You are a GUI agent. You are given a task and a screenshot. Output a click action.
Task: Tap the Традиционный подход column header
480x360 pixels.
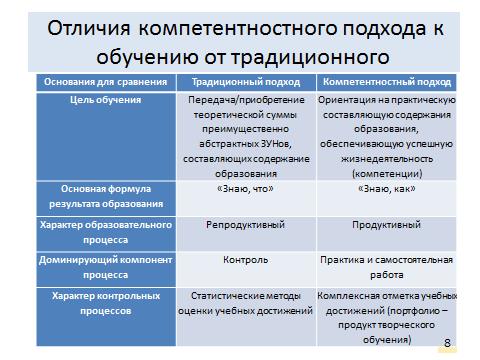(245, 81)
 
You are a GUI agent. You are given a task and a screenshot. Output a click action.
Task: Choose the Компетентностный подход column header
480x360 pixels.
(385, 81)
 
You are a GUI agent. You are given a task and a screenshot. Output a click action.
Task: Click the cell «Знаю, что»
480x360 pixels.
(245, 188)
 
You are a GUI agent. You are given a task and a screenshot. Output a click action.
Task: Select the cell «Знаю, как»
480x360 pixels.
(385, 188)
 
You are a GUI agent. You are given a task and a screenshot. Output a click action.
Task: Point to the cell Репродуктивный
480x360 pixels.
(245, 226)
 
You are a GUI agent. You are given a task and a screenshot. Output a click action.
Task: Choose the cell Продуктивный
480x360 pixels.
(385, 226)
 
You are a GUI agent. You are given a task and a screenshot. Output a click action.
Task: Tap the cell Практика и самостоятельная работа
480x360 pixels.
(385, 268)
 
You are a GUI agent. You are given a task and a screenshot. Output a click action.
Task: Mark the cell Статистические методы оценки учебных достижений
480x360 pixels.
(245, 304)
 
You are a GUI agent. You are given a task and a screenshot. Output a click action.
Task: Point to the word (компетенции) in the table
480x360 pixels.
(385, 171)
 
